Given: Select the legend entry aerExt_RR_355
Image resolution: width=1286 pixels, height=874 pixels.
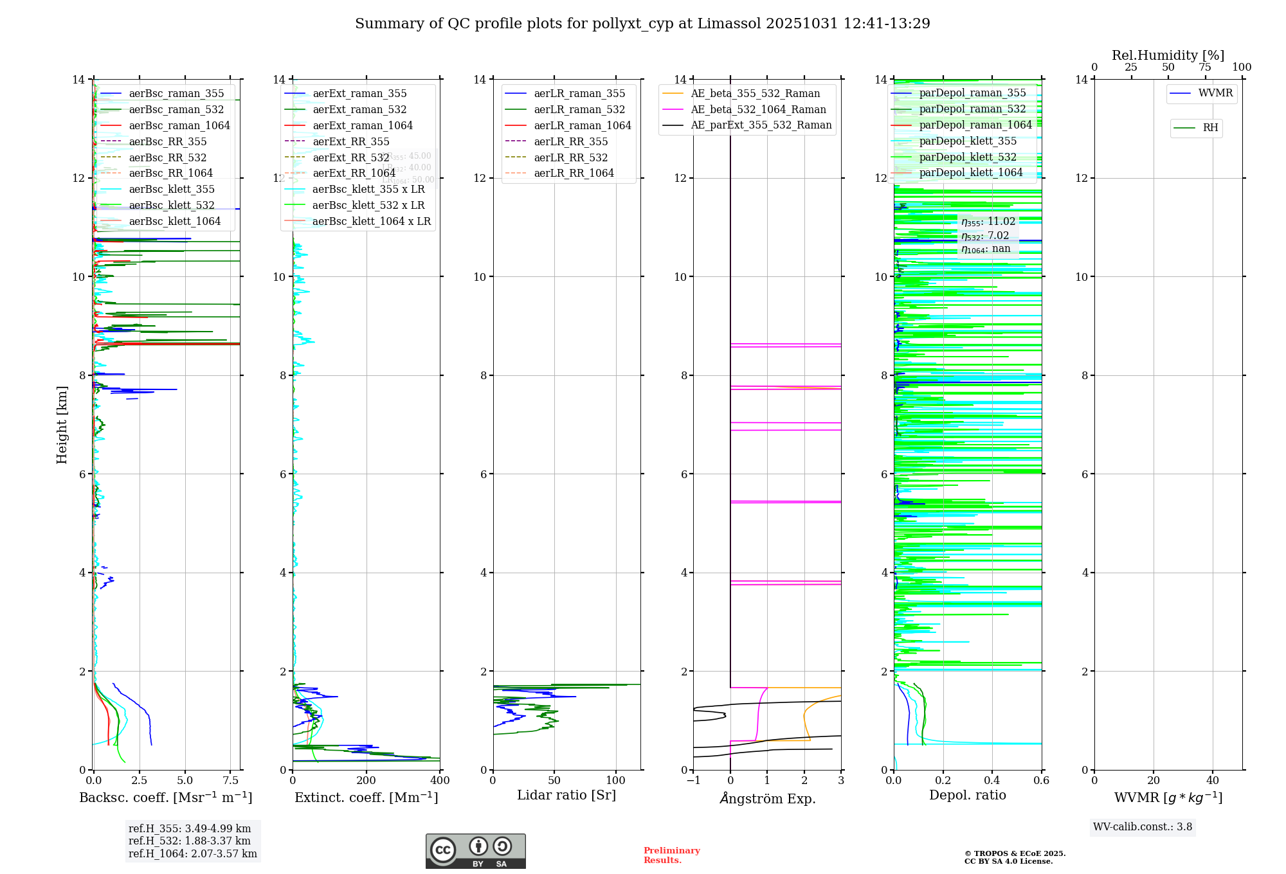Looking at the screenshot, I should coord(350,141).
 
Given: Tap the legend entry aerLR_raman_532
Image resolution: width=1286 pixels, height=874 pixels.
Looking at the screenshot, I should coord(579,109).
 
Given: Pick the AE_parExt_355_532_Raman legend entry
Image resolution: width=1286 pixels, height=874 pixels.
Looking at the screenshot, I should coord(761,125).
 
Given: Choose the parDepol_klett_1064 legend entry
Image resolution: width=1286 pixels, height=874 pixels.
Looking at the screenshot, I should coord(970,172).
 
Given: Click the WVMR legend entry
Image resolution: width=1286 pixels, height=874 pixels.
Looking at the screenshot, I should coord(1215,93).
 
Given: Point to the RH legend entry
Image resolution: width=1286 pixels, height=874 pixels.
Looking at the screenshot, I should coord(1210,128).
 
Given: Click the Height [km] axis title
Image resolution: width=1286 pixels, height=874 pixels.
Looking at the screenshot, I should coord(62,424).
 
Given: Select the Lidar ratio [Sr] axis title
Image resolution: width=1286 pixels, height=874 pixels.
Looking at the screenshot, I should coord(566,795).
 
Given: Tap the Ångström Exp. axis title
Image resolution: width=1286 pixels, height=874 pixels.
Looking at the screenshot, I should coord(767,798).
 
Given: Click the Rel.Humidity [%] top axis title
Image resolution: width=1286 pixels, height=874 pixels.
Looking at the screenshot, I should coord(1168,55).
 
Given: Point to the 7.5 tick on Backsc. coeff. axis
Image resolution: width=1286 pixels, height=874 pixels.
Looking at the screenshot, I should coord(231,781).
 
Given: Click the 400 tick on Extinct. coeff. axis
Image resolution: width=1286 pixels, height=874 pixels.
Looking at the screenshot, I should coord(440,781).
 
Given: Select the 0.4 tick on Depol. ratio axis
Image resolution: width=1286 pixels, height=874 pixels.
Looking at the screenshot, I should coord(992,781).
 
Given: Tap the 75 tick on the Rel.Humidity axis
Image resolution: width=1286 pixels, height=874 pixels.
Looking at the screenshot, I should coord(1204,67).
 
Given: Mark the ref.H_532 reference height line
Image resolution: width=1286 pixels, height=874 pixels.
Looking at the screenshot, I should coord(189,841).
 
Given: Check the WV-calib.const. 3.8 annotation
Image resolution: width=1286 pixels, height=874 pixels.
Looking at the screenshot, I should coord(1142,826).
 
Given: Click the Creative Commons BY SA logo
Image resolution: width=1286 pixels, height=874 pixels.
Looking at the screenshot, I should coord(475,851).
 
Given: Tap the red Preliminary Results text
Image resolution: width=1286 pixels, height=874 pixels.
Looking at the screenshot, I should coord(671,855).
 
